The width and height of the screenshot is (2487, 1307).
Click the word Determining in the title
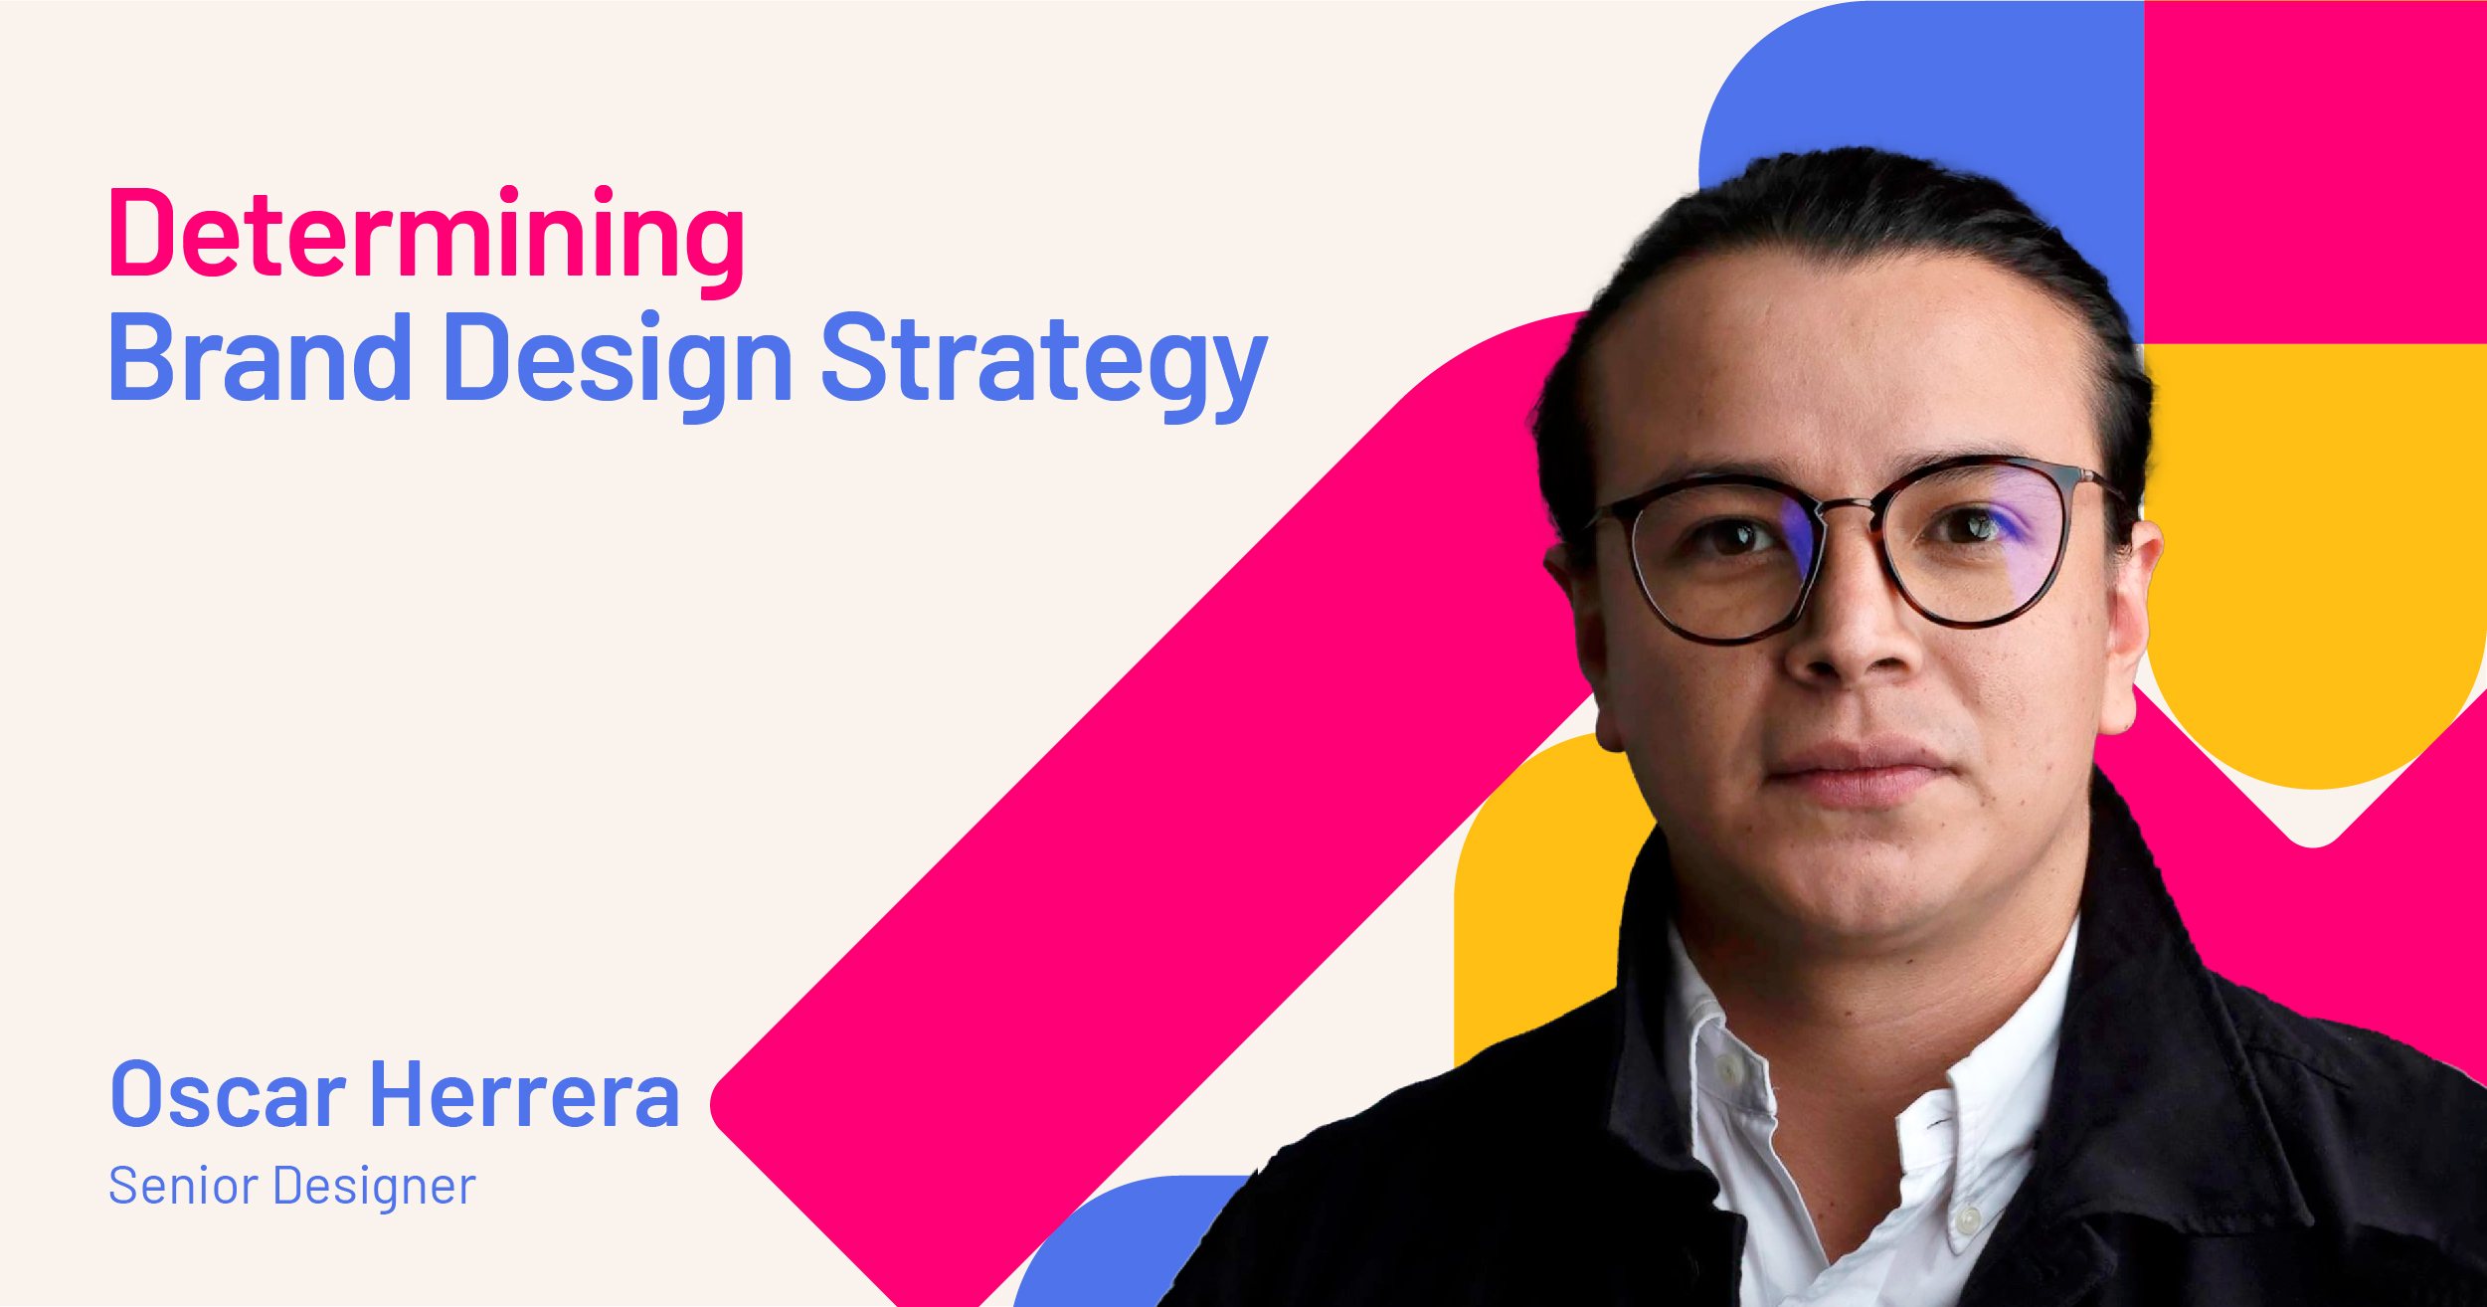click(x=427, y=237)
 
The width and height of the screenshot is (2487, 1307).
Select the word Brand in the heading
click(x=260, y=358)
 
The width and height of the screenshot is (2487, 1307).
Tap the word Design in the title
click(x=618, y=360)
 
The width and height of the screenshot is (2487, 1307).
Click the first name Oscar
click(x=228, y=1095)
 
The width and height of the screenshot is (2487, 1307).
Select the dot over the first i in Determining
click(x=509, y=193)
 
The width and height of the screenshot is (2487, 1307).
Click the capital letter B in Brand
click(x=148, y=358)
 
